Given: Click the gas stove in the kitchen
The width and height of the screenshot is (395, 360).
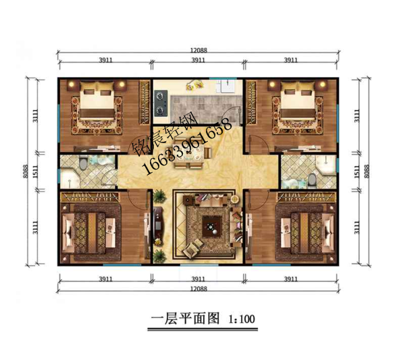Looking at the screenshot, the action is (x=161, y=103).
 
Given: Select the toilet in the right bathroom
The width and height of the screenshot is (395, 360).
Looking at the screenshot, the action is (x=312, y=180).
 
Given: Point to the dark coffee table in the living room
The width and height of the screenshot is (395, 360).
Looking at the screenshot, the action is (x=212, y=226).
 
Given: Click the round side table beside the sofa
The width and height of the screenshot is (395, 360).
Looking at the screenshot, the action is (x=235, y=199).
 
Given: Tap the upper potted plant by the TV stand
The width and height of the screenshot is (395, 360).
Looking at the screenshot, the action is (x=159, y=196).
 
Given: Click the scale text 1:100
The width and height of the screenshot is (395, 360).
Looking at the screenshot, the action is (x=242, y=319).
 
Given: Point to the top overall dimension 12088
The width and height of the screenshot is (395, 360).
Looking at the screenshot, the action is (x=199, y=50).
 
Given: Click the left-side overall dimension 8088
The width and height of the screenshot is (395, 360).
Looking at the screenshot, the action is (x=25, y=172).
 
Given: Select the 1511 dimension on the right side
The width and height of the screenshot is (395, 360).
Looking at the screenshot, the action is (x=357, y=172).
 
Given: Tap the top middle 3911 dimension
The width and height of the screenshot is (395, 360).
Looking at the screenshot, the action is (x=199, y=60).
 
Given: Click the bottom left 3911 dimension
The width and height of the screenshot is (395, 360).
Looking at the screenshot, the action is (x=105, y=279).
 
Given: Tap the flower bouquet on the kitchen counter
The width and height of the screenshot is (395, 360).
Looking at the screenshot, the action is (x=194, y=84).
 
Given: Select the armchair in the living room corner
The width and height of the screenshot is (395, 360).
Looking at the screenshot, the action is (x=191, y=249).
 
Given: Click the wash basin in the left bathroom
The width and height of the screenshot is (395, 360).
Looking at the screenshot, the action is (x=69, y=180).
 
